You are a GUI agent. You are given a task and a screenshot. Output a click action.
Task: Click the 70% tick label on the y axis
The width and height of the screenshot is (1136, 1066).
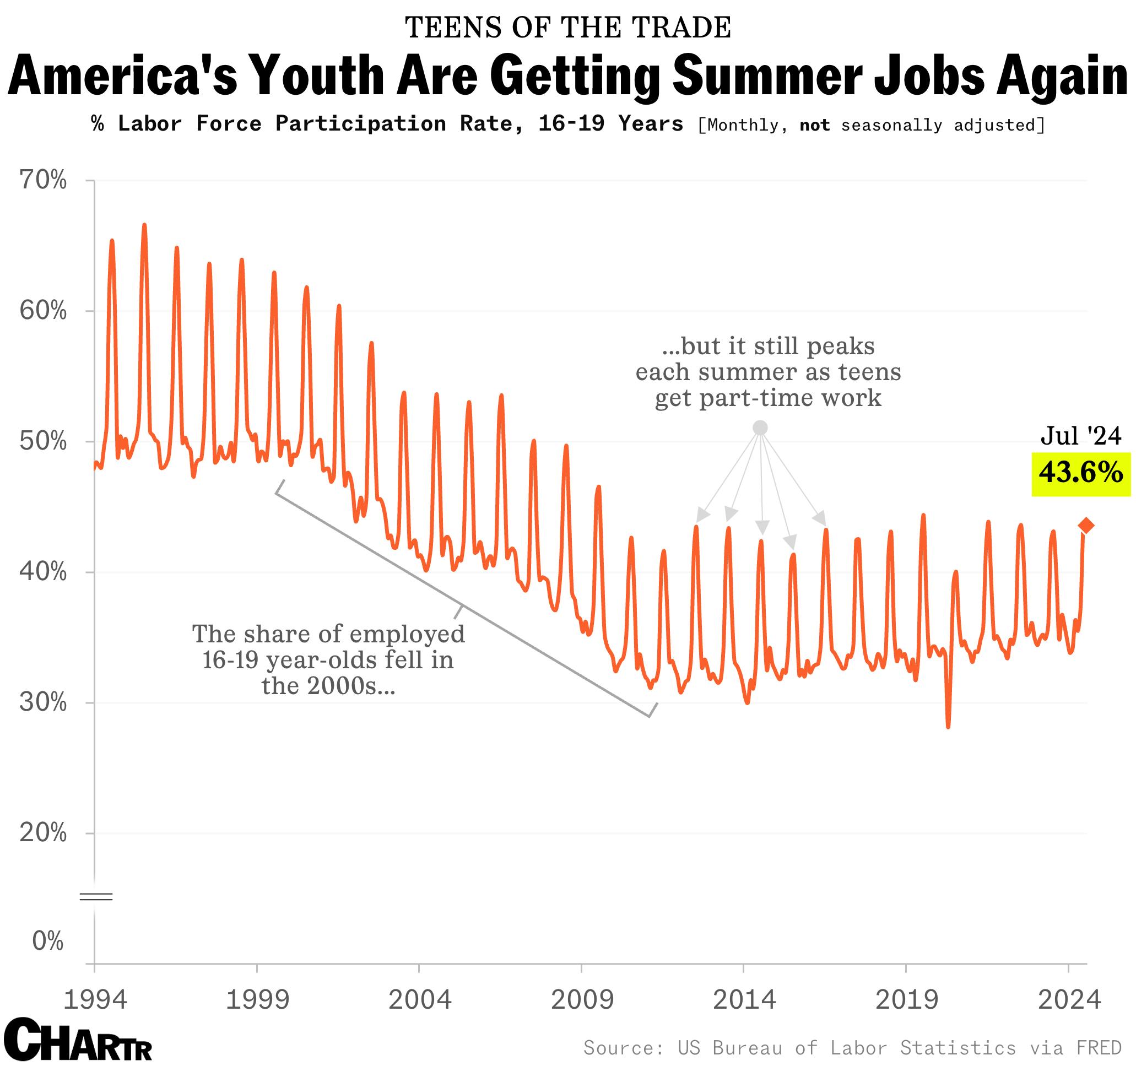43,181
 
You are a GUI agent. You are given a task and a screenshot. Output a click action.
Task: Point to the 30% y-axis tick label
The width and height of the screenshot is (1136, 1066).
43,702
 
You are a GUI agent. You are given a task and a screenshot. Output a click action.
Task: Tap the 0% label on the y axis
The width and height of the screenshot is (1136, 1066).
47,940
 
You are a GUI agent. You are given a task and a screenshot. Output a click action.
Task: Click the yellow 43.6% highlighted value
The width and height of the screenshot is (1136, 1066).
1080,474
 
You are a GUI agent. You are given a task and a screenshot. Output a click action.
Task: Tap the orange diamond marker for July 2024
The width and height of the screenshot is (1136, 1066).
1086,526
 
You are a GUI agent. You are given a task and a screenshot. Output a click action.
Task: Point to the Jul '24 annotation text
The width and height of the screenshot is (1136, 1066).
1080,436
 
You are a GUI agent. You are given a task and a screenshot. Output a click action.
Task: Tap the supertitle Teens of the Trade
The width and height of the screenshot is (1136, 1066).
567,28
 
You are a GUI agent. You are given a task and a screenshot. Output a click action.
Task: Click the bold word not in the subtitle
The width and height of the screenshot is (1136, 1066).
814,125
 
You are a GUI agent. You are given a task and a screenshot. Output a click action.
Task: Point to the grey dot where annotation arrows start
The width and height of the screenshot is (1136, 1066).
760,428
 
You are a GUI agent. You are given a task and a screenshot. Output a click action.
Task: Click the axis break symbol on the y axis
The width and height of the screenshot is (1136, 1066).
95,896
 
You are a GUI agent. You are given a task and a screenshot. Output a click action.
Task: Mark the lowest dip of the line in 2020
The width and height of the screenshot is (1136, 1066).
948,727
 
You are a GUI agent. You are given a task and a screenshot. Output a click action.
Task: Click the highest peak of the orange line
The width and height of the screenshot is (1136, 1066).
144,225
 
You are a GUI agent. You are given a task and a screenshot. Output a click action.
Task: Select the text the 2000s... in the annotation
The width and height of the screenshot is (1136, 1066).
328,685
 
